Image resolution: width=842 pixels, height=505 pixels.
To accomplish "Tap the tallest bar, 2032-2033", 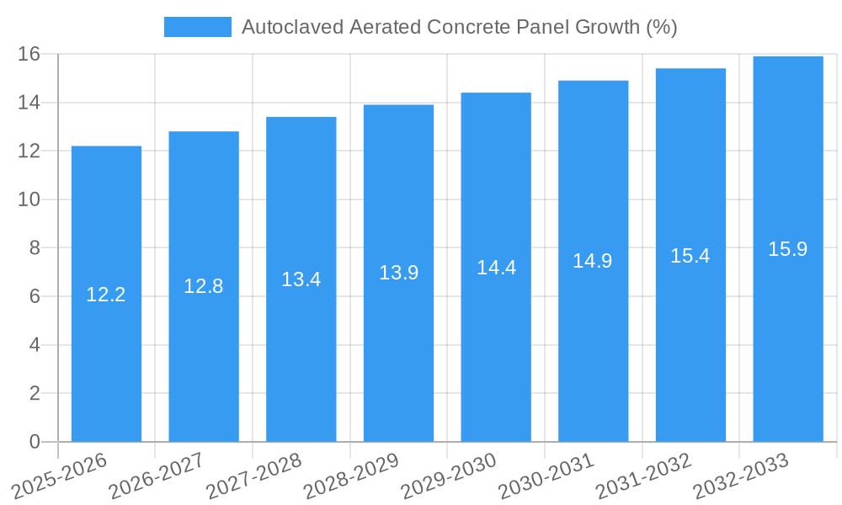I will pyautogui.click(x=788, y=337).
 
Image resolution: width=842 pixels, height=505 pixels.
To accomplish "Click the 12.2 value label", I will pyautogui.click(x=106, y=295).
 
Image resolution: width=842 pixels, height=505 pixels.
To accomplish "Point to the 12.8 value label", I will pyautogui.click(x=204, y=286).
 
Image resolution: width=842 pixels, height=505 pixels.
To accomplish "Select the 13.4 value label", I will pyautogui.click(x=301, y=279).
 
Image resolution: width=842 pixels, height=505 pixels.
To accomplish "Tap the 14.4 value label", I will pyautogui.click(x=496, y=268).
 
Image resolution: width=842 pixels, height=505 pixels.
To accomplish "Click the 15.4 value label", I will pyautogui.click(x=690, y=256).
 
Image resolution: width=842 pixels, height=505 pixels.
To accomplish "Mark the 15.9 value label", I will pyautogui.click(x=788, y=249).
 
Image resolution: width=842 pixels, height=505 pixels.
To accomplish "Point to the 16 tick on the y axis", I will pyautogui.click(x=29, y=54).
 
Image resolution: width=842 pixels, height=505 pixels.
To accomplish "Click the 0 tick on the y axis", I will pyautogui.click(x=35, y=442).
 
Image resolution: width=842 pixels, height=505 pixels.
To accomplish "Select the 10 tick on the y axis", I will pyautogui.click(x=29, y=199).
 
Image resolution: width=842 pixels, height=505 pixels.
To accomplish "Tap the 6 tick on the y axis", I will pyautogui.click(x=35, y=296).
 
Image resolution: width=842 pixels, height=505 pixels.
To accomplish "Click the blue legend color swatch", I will pyautogui.click(x=198, y=27).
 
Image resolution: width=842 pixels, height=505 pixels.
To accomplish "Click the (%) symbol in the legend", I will pyautogui.click(x=661, y=27).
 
